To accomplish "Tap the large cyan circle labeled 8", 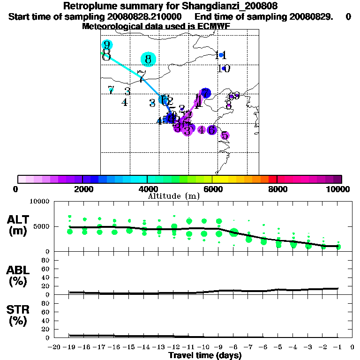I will (148, 59).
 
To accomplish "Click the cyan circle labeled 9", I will (107, 45).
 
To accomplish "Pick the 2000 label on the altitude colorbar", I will (82, 189).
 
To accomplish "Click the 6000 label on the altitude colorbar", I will (212, 189).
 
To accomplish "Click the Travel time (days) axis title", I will (205, 355).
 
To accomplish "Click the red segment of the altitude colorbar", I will (273, 179).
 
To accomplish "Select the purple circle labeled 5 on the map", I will (225, 135).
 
